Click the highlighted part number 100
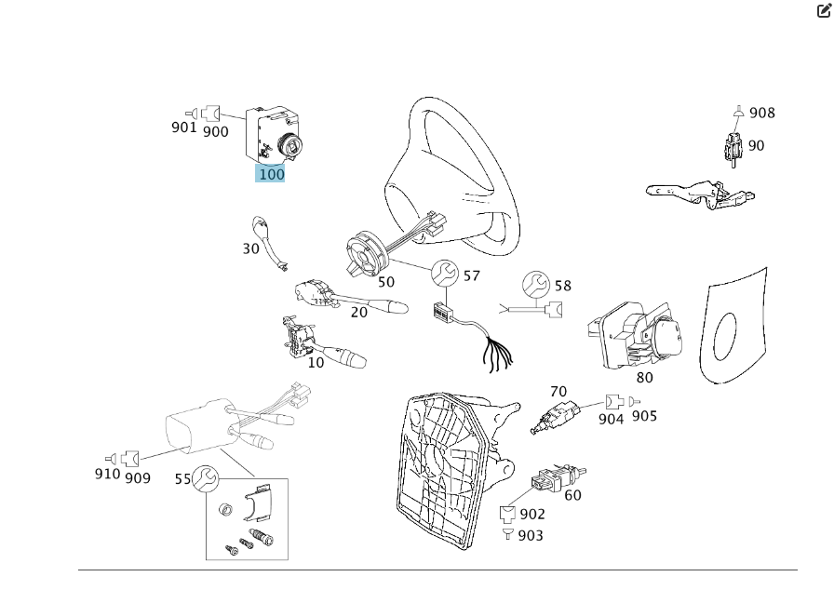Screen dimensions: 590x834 (271, 173)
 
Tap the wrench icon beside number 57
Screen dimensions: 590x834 (445, 274)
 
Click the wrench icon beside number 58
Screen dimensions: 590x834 (535, 284)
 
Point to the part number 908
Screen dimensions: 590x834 (761, 113)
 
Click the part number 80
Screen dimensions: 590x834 (644, 377)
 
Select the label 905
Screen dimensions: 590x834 (644, 415)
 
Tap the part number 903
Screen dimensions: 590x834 (531, 535)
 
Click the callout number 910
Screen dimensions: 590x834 (107, 474)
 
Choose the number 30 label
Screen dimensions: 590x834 (251, 248)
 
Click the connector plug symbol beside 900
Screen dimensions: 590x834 (210, 114)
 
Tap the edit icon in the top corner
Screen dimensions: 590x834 (824, 11)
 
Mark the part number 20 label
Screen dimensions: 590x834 (359, 313)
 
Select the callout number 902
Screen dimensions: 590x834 (532, 514)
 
